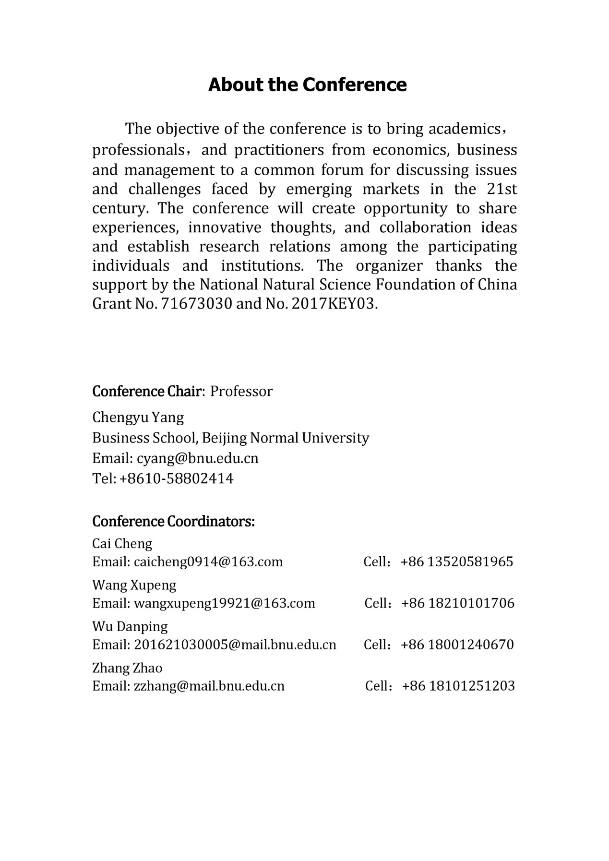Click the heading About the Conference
307,85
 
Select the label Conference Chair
146,392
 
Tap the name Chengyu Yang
138,417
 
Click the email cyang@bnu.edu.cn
197,458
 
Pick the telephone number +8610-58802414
176,478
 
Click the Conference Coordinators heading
173,521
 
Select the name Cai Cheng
122,544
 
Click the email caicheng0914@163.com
208,562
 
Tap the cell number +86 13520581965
457,562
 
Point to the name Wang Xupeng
134,585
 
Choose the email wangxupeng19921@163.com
224,603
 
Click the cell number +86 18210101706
458,603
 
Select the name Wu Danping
130,627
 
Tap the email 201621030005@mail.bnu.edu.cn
235,645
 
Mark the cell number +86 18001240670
457,645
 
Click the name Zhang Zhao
127,668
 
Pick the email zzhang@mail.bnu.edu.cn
209,686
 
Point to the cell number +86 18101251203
458,686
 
